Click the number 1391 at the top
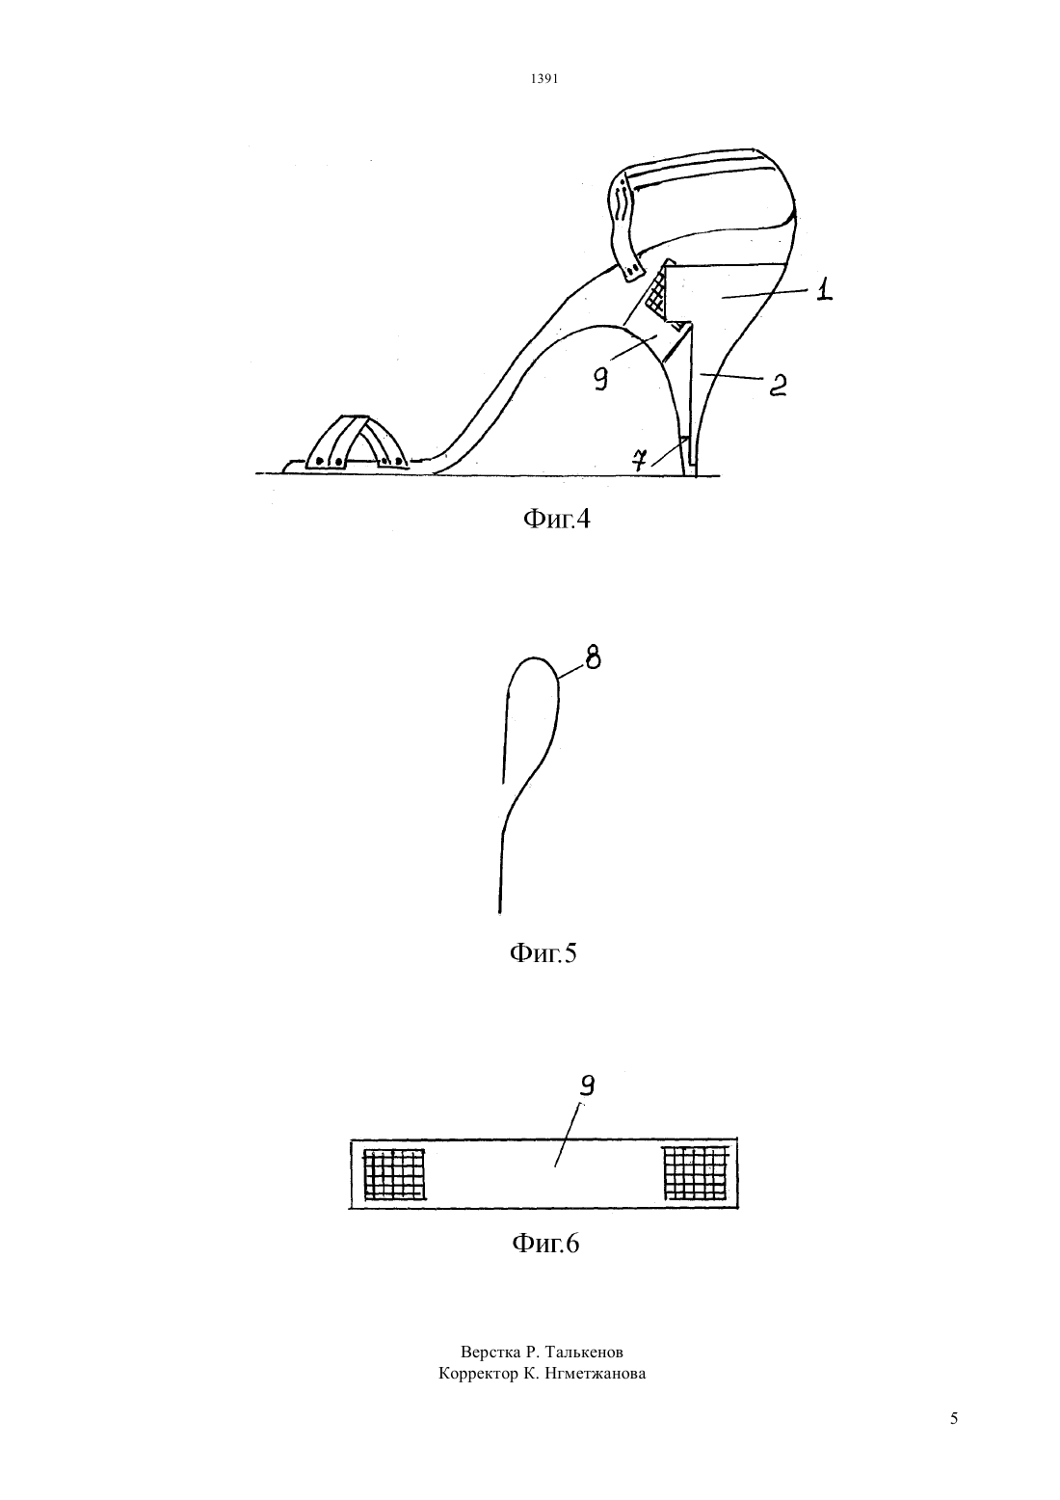coord(543,79)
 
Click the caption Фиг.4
coord(556,519)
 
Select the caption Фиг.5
coord(543,952)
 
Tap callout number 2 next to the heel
coord(777,385)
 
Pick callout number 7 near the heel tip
coord(641,460)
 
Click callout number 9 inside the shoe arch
coord(600,381)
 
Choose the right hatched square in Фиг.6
coord(695,1172)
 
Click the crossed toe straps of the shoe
coord(356,442)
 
